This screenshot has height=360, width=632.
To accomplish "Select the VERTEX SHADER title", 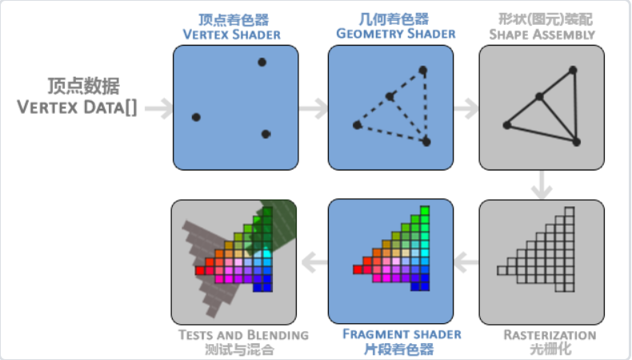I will click(x=232, y=34).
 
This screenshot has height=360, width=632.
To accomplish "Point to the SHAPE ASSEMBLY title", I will click(x=542, y=34).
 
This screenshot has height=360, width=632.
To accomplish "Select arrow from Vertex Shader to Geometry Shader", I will click(x=314, y=108).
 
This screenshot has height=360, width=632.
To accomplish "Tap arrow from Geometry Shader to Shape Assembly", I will click(x=465, y=108).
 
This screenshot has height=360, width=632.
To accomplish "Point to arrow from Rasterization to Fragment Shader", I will click(x=466, y=258).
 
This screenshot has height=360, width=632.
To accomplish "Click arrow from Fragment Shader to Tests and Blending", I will click(x=313, y=258).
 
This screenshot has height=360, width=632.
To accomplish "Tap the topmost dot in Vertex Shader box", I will click(x=262, y=62).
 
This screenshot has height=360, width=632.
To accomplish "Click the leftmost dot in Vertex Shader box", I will click(x=196, y=118).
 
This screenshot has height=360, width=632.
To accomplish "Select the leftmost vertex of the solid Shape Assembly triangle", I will click(x=506, y=125).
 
